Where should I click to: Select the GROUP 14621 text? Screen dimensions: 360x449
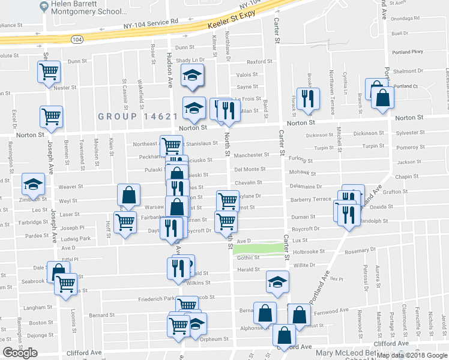tap(137, 117)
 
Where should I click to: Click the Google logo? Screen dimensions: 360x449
tap(20, 353)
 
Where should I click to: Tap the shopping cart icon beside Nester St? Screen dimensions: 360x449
tap(48, 72)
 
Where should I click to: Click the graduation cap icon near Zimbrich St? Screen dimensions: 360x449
tap(33, 184)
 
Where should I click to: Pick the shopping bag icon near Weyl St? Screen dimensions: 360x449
tap(128, 195)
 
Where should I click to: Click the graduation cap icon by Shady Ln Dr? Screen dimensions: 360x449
tap(193, 75)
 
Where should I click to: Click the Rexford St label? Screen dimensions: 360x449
tap(259, 61)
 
